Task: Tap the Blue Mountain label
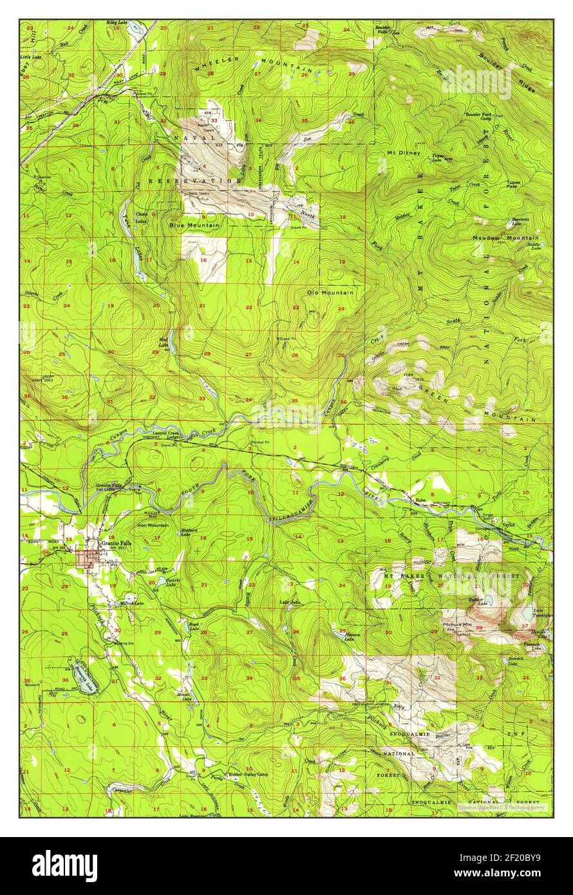tap(195, 225)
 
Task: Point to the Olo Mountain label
tap(330, 292)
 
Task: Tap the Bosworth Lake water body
tap(84, 676)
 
